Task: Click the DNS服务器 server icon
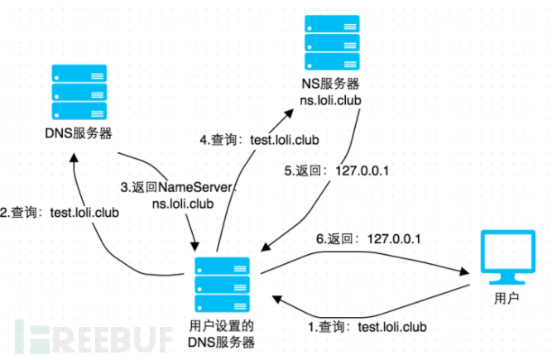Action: click(79, 92)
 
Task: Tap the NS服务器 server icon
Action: click(332, 42)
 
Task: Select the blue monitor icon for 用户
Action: click(508, 257)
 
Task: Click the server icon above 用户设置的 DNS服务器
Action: click(222, 285)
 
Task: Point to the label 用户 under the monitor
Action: click(506, 299)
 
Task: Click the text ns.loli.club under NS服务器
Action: click(330, 101)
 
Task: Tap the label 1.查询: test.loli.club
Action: click(367, 327)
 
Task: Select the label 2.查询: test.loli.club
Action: click(60, 213)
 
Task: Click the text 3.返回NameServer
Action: click(177, 187)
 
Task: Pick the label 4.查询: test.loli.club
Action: click(260, 140)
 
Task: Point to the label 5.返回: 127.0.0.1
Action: click(337, 171)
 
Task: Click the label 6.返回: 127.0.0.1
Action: click(368, 239)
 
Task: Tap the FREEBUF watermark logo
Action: click(94, 338)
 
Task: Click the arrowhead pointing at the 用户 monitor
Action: click(464, 271)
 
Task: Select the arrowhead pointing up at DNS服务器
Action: click(74, 157)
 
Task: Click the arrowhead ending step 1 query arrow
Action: click(277, 299)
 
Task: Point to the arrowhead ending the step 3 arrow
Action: click(194, 246)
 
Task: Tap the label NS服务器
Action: click(330, 84)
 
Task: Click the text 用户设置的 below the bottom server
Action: click(222, 326)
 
